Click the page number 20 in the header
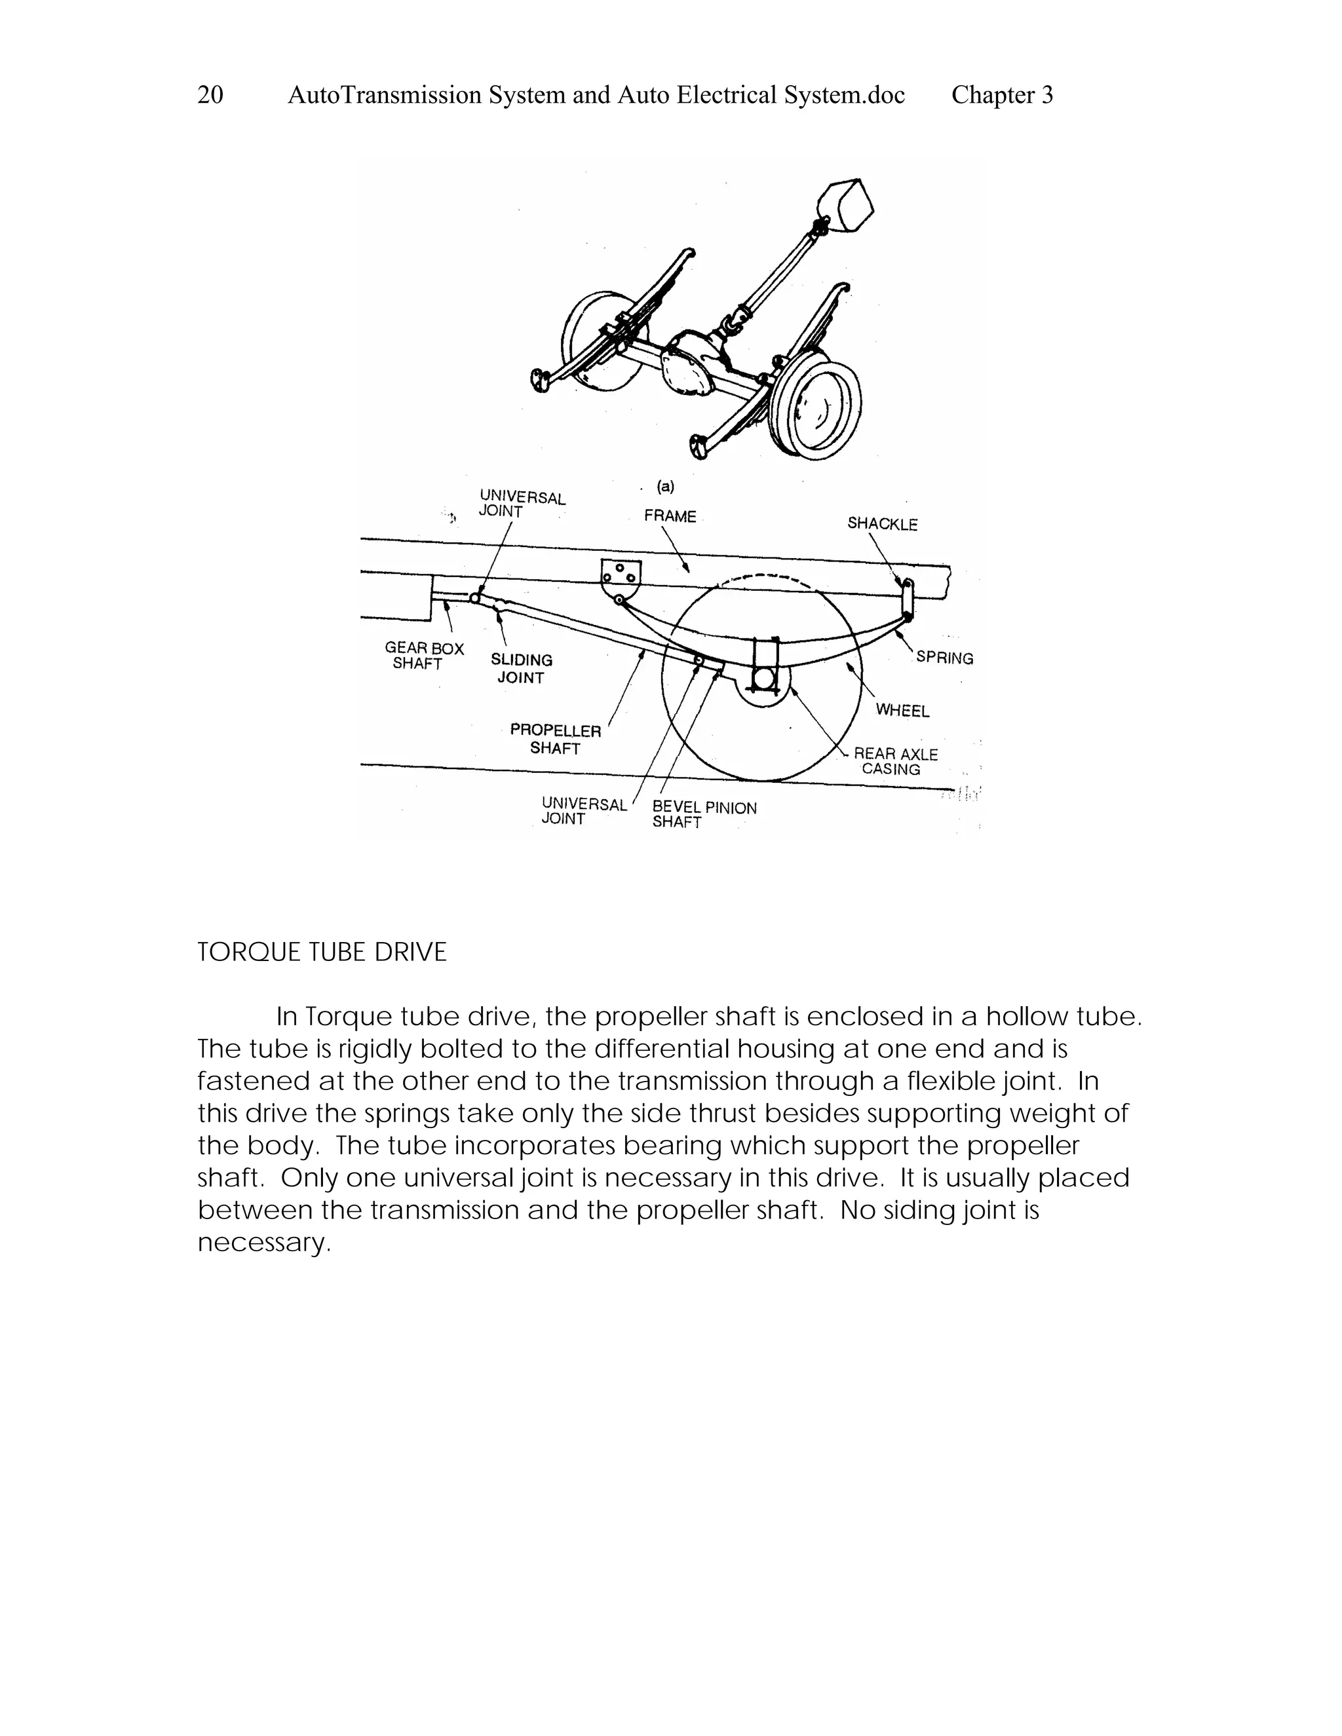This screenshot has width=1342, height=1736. point(210,96)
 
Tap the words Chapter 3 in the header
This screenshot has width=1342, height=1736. point(1002,96)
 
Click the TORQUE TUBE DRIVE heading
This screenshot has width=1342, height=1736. point(322,953)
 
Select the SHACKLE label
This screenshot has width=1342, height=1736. point(882,524)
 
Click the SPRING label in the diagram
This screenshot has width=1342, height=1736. point(944,658)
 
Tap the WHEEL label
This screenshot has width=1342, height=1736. point(902,711)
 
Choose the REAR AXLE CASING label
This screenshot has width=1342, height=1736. point(894,761)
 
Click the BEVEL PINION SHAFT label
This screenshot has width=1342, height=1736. point(703,815)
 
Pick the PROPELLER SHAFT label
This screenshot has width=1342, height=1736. point(556,739)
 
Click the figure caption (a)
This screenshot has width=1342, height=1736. point(666,487)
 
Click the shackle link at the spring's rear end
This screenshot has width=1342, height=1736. point(907,600)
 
